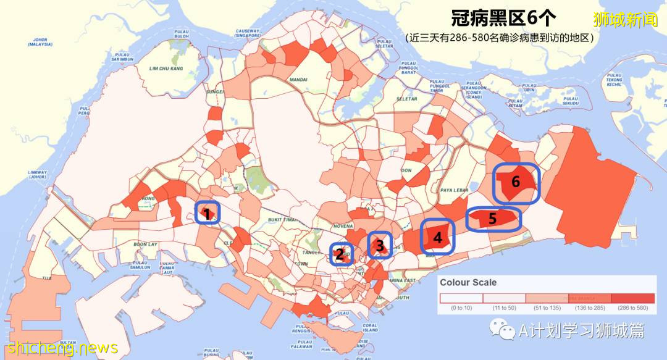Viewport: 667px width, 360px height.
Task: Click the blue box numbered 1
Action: click(x=208, y=213)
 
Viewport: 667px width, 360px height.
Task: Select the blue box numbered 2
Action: click(x=339, y=254)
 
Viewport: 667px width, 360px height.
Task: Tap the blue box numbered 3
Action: click(x=380, y=245)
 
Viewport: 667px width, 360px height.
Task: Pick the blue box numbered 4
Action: click(x=438, y=237)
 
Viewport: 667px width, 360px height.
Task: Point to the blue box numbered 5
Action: click(x=493, y=219)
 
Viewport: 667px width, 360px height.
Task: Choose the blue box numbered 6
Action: click(x=516, y=183)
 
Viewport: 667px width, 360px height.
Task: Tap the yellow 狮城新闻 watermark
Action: click(x=625, y=20)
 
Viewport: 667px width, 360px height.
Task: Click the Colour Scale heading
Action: click(x=468, y=283)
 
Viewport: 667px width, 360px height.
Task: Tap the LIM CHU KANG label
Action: click(x=166, y=68)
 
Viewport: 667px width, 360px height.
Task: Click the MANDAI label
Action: click(x=298, y=80)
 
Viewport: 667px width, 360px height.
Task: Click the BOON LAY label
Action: click(x=146, y=245)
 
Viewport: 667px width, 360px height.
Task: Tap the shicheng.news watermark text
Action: click(x=59, y=348)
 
